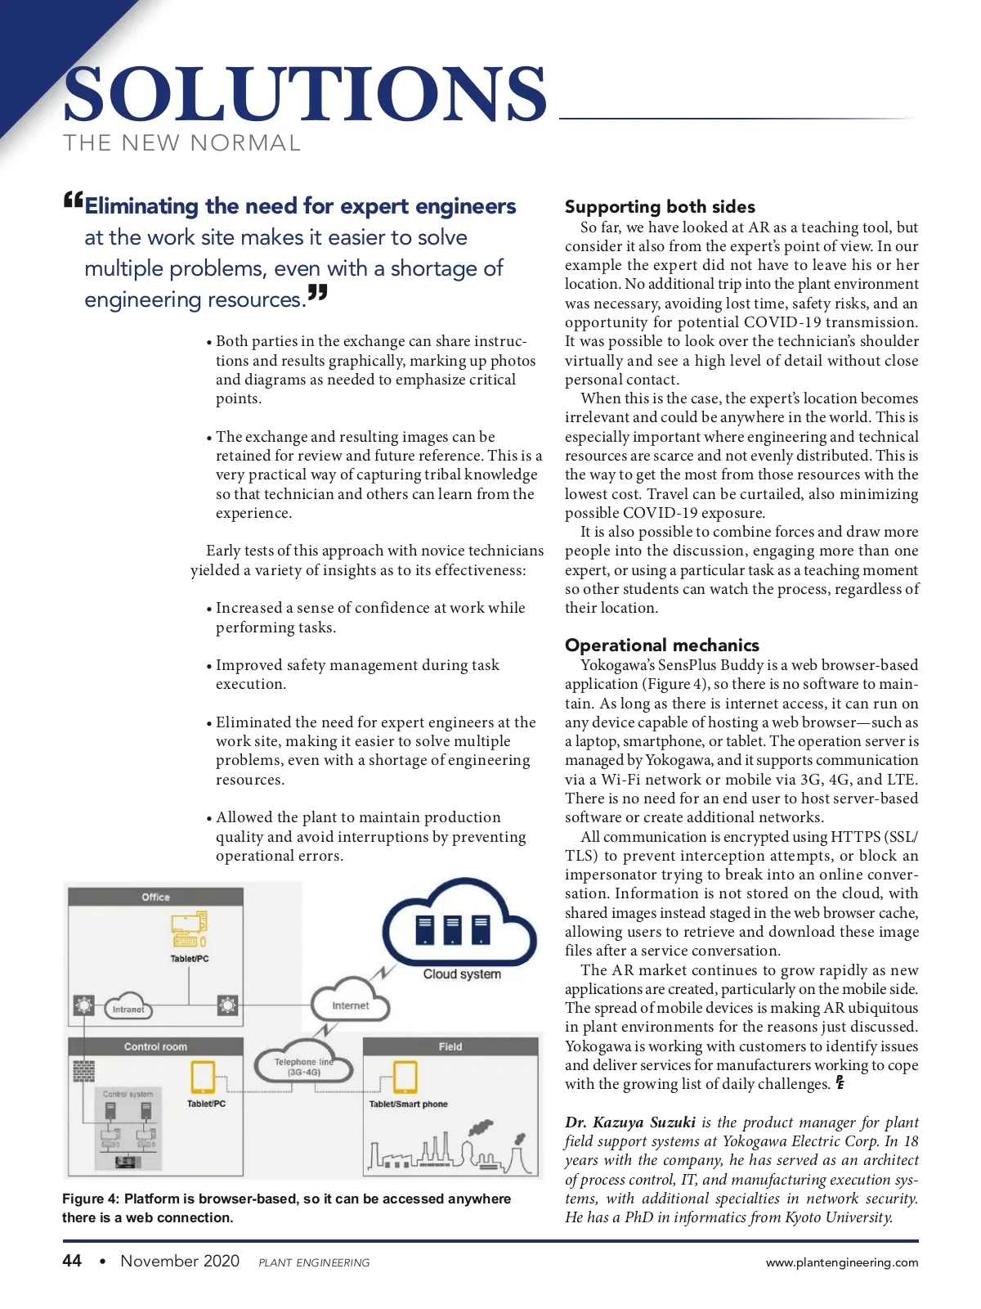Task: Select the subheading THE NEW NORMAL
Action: (x=182, y=143)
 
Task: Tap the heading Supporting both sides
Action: (x=660, y=207)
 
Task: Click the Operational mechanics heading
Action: (x=661, y=645)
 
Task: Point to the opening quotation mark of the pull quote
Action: (x=73, y=200)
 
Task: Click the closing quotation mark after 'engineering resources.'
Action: (x=318, y=292)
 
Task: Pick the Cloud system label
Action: (x=462, y=974)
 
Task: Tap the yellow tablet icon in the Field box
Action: (x=405, y=1077)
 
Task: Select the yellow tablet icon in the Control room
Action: (x=202, y=1077)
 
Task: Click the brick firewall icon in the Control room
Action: (x=83, y=1070)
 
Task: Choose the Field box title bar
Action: (x=450, y=1046)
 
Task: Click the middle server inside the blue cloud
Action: (x=452, y=930)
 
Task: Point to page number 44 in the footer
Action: (x=72, y=1261)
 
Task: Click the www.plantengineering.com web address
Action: (x=841, y=1262)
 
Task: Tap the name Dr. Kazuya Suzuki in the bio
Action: (x=630, y=1122)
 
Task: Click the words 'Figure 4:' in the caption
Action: (x=91, y=1199)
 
